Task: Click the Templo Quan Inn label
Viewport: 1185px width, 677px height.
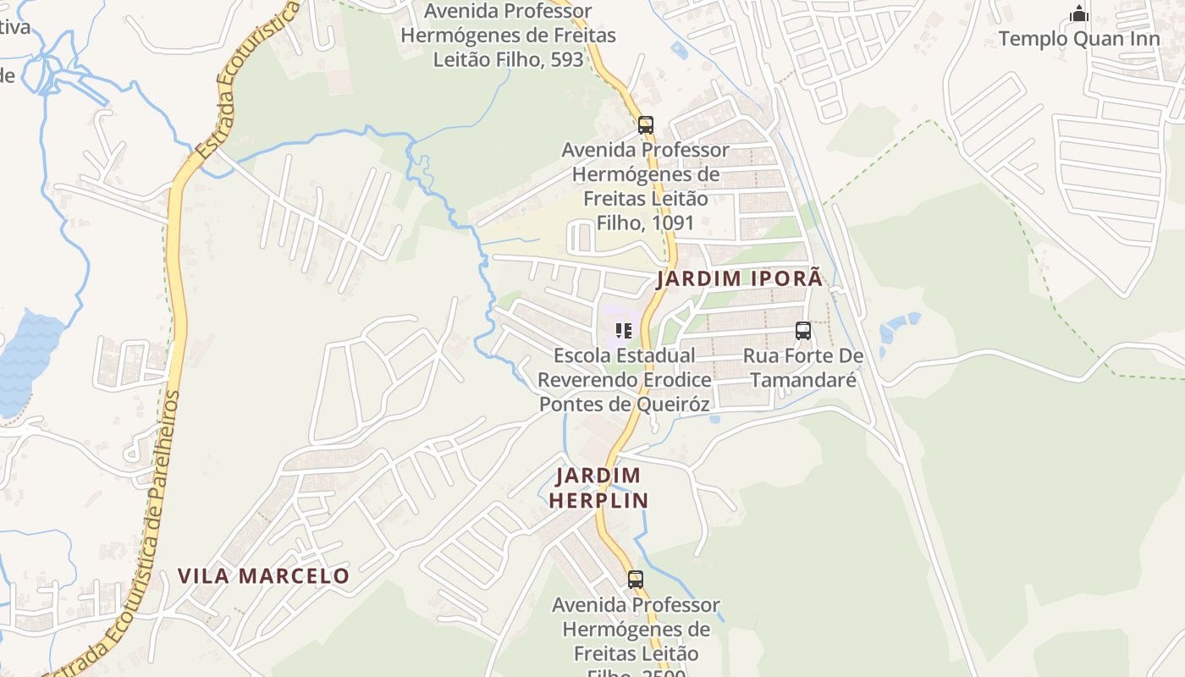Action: [1078, 39]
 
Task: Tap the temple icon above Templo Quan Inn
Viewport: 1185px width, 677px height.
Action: [1078, 14]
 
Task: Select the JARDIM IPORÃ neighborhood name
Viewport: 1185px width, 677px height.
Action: [739, 278]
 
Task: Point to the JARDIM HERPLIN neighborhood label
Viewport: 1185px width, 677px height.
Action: [598, 487]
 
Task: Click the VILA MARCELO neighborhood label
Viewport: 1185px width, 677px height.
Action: [263, 576]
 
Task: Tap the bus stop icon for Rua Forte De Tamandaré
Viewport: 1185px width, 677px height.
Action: [803, 331]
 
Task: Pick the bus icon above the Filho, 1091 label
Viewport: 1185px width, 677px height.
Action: [646, 125]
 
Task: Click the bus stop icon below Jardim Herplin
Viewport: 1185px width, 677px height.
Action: [635, 580]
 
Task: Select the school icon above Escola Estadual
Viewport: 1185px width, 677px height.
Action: [624, 331]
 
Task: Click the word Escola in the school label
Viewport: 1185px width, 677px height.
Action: [582, 355]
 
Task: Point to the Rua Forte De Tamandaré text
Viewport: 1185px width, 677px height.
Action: [803, 368]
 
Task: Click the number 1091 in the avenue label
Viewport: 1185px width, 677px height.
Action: [669, 223]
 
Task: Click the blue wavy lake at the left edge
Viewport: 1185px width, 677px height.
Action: [25, 360]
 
